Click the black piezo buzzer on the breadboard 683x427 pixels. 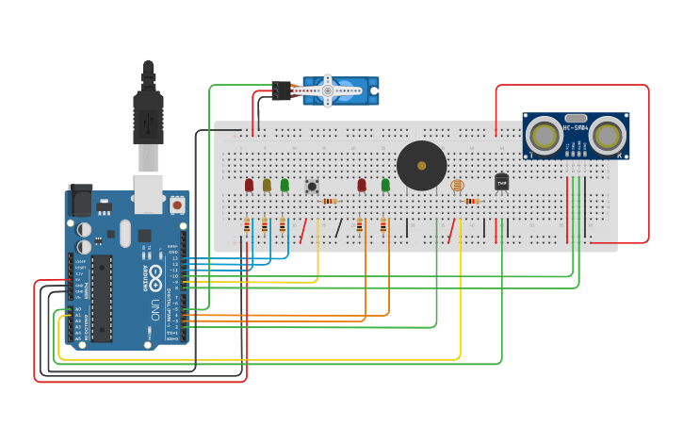(x=421, y=166)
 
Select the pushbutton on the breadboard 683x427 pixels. (x=312, y=186)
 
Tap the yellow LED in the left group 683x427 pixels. (x=267, y=185)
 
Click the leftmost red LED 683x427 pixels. (x=249, y=185)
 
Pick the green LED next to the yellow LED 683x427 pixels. (x=285, y=185)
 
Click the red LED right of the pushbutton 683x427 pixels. (x=362, y=185)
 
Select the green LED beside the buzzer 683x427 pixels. (x=385, y=185)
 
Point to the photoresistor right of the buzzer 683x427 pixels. (x=458, y=186)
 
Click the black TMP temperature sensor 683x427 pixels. (x=501, y=182)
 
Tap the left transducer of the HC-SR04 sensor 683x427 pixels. (x=545, y=135)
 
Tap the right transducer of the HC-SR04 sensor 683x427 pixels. (x=608, y=135)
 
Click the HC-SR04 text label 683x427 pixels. (x=576, y=127)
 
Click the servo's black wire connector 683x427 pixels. (x=281, y=90)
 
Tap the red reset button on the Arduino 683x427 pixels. (x=177, y=204)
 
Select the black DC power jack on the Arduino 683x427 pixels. (x=80, y=202)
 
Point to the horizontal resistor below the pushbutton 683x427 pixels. (x=329, y=201)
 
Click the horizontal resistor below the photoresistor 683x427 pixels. (x=472, y=201)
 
